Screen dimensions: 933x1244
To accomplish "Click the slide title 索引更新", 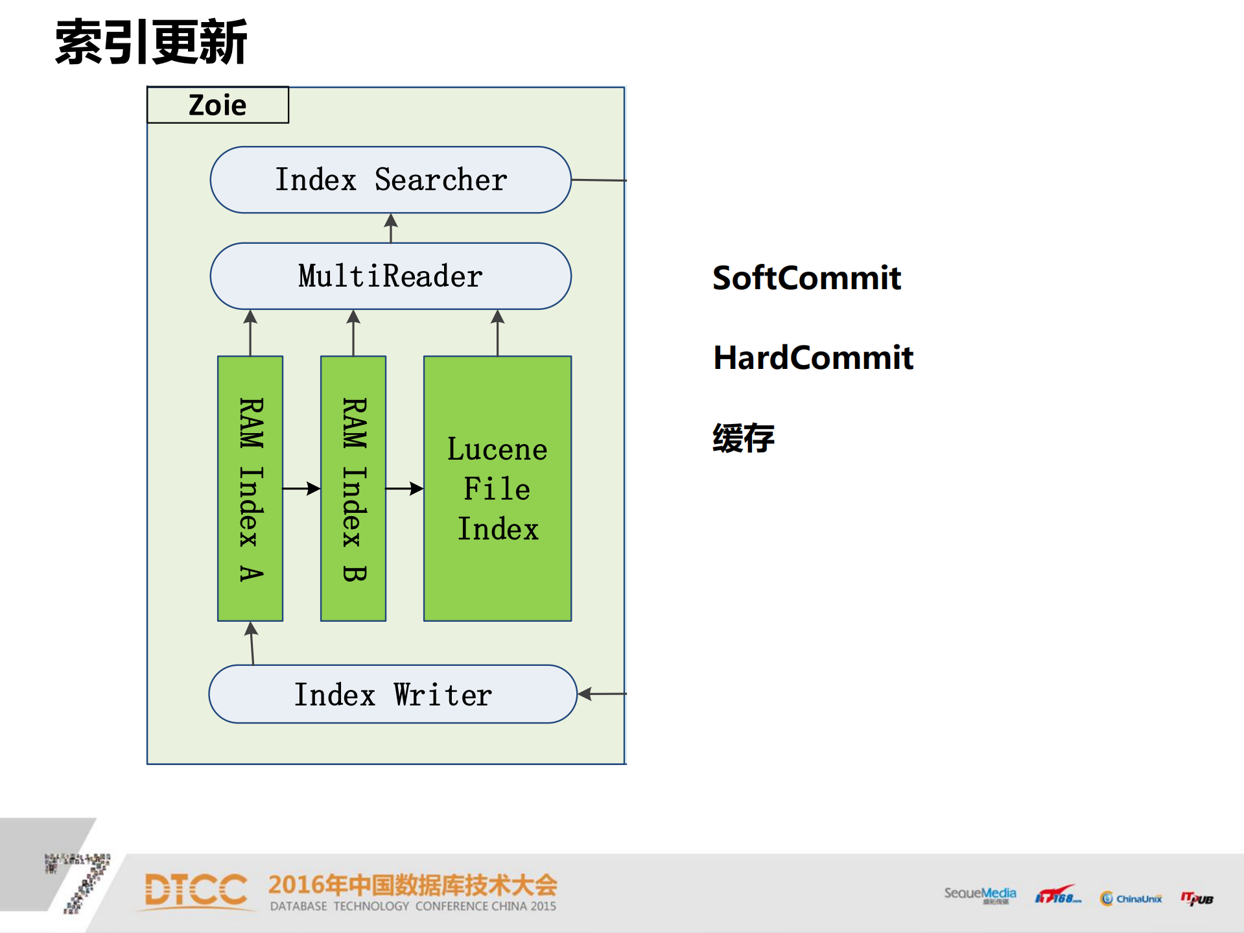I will click(x=151, y=42).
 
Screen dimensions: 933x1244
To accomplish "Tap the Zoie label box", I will click(x=218, y=105).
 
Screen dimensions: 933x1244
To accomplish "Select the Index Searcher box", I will click(x=390, y=180).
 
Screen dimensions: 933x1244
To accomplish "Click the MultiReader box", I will click(x=390, y=276).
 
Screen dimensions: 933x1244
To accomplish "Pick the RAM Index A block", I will click(x=250, y=488).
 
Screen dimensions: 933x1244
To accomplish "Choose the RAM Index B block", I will click(x=353, y=488).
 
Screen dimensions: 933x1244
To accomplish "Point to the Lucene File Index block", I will click(x=497, y=488).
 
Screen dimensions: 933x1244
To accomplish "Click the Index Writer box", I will click(x=393, y=694).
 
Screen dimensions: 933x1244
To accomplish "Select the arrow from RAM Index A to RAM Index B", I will click(x=301, y=488).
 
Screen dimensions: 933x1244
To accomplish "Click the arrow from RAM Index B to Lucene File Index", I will click(x=405, y=488).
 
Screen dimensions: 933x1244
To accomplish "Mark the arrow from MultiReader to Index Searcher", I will click(x=391, y=228).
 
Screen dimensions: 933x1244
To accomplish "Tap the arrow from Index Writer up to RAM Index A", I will click(x=252, y=643).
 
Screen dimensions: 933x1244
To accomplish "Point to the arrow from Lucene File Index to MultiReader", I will click(x=497, y=333).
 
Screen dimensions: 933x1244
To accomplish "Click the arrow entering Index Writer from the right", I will click(x=602, y=694).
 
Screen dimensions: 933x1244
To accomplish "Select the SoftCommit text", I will click(x=806, y=278).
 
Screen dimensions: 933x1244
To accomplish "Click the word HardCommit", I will click(x=813, y=358).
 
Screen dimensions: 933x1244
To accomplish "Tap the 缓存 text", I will click(x=744, y=438).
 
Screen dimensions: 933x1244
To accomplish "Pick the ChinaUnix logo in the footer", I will click(x=1131, y=898).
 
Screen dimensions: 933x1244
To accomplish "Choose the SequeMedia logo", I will click(x=980, y=895).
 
